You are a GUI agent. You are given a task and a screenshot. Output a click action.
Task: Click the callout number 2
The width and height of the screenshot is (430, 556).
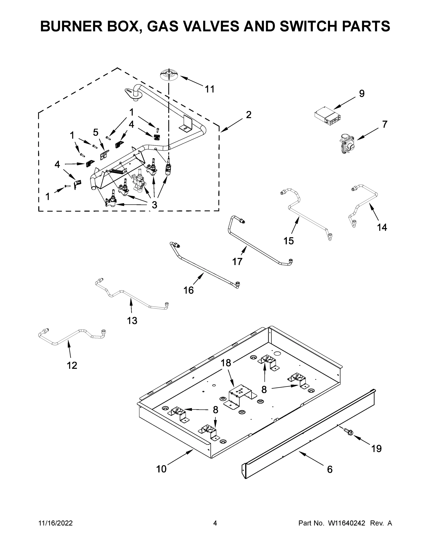pos(249,115)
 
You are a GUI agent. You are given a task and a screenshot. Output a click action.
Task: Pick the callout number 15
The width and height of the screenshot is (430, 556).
pos(289,240)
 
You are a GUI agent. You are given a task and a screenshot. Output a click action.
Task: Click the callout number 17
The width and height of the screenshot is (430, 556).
pos(237,262)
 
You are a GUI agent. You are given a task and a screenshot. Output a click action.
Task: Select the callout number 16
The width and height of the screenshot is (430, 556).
pos(188,290)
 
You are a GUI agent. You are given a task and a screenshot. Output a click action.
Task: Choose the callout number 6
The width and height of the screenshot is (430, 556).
pos(330,469)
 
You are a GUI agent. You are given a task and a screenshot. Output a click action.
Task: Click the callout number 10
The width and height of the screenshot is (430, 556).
pos(161,469)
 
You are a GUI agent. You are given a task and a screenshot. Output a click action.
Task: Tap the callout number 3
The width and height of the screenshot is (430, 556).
pos(154,205)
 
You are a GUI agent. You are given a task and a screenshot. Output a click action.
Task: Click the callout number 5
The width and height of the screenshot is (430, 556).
pos(96,132)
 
